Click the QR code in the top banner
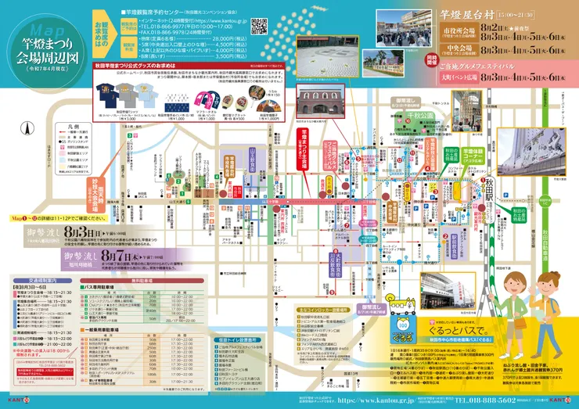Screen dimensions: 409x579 pos(259,25)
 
